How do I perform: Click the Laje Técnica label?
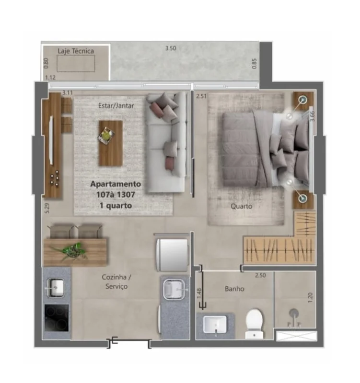(x=76, y=51)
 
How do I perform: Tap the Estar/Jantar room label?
(x=116, y=105)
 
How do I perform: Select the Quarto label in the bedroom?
(x=242, y=206)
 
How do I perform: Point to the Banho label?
(x=234, y=289)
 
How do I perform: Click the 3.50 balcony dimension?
(x=171, y=48)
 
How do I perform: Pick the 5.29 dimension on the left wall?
(x=47, y=208)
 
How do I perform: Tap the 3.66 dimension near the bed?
(x=312, y=116)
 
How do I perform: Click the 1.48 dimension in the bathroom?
(x=199, y=293)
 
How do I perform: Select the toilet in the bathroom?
(x=255, y=324)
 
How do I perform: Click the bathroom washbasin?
(x=215, y=324)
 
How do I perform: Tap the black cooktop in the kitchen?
(x=57, y=317)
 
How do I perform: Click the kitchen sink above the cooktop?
(x=55, y=288)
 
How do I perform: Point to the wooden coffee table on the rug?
(x=111, y=143)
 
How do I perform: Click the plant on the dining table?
(x=71, y=250)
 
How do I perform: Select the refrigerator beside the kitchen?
(x=173, y=255)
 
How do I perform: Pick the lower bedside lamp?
(x=303, y=198)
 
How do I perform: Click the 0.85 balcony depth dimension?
(x=255, y=64)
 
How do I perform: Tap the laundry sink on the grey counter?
(x=173, y=290)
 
